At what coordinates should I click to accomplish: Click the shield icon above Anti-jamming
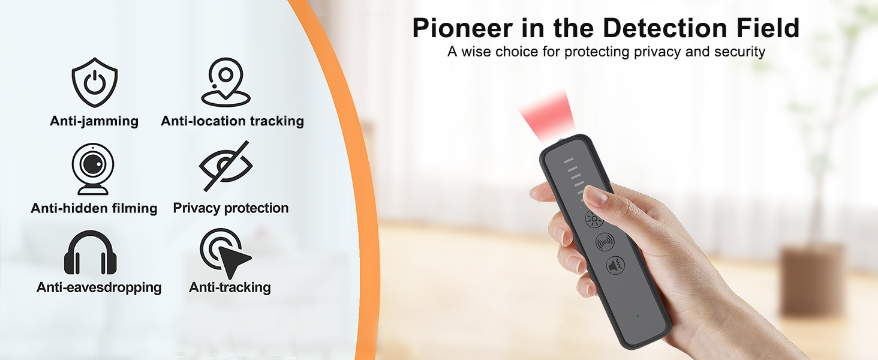[x=94, y=82]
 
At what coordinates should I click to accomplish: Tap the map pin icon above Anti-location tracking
[x=225, y=82]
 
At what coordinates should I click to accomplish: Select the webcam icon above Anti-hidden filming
[x=93, y=169]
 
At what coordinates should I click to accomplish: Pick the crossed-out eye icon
[x=225, y=166]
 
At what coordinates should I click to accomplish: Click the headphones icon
[x=90, y=253]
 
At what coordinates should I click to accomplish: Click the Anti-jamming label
[x=94, y=121]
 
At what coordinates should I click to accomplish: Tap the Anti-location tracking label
[x=232, y=121]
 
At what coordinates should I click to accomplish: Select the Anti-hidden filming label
[x=94, y=208]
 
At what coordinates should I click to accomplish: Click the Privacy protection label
[x=231, y=208]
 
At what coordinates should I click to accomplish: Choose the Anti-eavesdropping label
[x=99, y=287]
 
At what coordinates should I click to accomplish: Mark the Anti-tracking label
[x=230, y=287]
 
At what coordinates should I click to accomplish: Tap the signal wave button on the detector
[x=605, y=242]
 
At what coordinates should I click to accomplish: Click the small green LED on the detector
[x=637, y=315]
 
